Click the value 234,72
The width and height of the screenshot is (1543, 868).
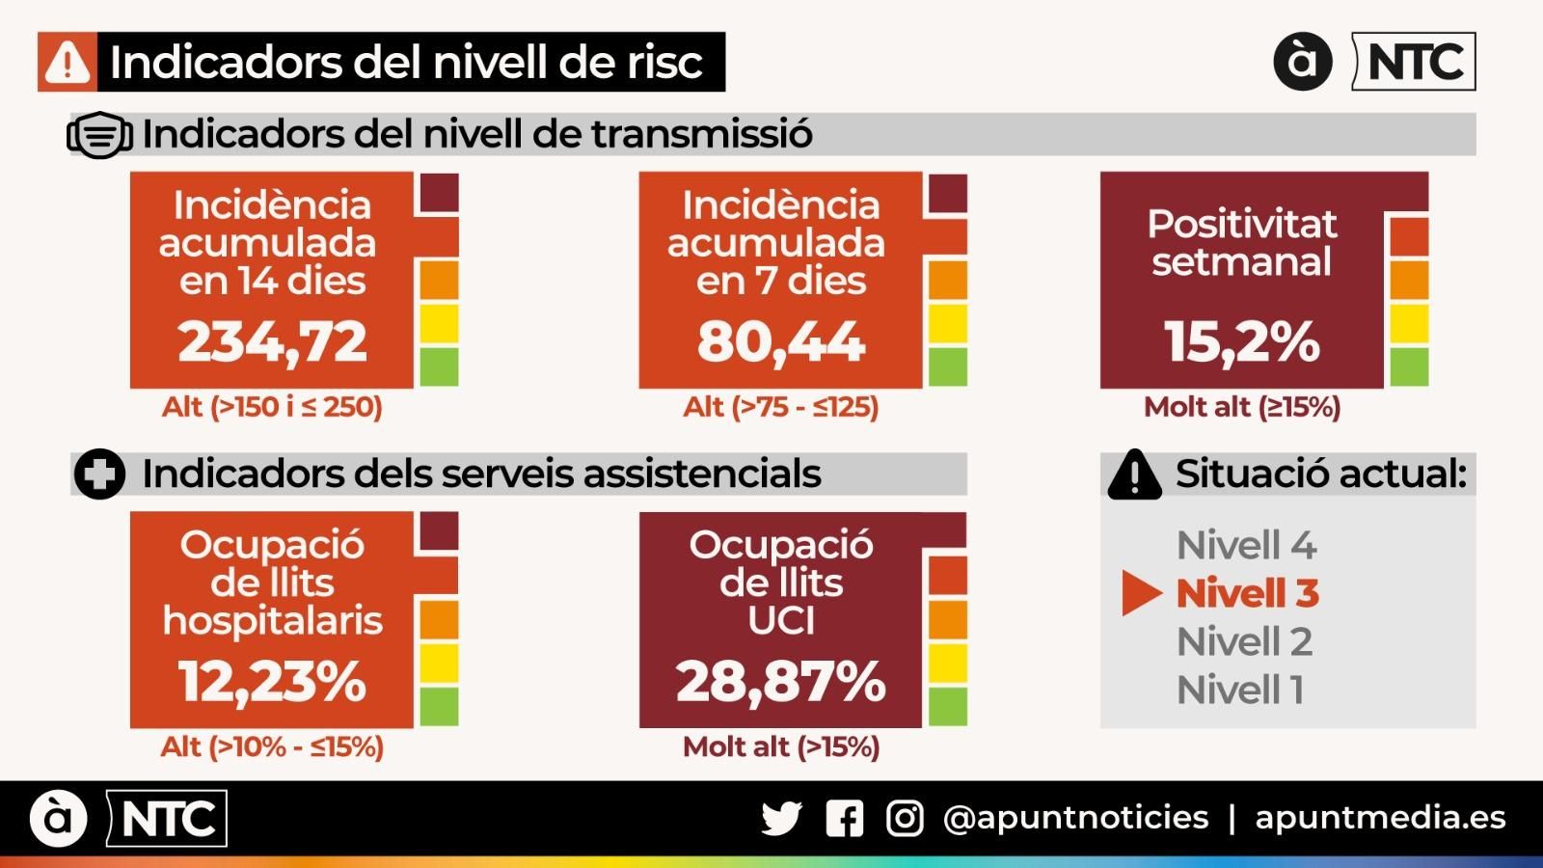tap(272, 341)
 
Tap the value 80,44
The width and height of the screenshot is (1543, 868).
tap(780, 341)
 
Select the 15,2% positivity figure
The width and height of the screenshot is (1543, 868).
tap(1241, 341)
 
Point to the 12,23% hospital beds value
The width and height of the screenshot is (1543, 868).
tap(272, 681)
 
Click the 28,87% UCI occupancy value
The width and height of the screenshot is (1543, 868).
tap(780, 681)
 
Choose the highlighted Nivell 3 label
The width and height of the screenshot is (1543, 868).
tap(1247, 593)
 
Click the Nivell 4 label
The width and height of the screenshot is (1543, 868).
tap(1246, 546)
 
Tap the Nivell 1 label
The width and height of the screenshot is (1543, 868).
tap(1240, 690)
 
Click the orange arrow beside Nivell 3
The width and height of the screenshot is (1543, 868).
tap(1142, 593)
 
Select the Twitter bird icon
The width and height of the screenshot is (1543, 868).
tap(781, 819)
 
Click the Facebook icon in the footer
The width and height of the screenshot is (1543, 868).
tap(844, 819)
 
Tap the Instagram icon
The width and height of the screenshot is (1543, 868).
tap(905, 819)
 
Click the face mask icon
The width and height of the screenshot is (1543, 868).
tap(99, 135)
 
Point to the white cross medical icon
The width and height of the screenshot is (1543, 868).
tap(99, 475)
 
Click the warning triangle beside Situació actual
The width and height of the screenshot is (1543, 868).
tap(1134, 475)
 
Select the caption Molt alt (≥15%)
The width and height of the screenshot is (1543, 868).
tap(1241, 407)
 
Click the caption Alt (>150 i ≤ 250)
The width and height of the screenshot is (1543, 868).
tap(272, 407)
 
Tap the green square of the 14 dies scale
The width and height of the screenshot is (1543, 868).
tap(439, 367)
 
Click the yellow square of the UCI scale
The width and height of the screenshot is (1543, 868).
tap(947, 664)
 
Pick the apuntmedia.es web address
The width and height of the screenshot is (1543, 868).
tap(1379, 818)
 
